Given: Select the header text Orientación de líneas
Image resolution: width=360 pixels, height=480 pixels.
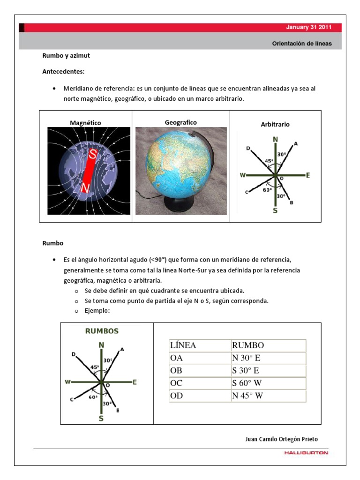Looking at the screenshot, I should coord(302,43).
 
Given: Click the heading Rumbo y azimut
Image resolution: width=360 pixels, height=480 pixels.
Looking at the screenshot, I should coord(66,56).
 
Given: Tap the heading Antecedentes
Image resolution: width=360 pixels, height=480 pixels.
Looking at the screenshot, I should coord(63,72).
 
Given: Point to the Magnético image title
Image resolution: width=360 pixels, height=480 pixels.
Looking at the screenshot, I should coord(85,123).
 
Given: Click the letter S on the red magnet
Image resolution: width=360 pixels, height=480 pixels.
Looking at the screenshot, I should coord(93,153).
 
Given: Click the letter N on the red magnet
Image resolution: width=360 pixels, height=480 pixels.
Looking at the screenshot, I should coord(85,188).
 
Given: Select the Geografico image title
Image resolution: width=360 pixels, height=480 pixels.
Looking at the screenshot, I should coord(180,122).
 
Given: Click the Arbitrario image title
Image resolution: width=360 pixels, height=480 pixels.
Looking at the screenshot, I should coord(275,125).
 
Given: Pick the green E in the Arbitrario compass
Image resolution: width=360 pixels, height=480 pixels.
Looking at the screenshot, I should coord(308,175).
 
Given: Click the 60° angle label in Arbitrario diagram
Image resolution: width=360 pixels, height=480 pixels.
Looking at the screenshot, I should coord(267,190).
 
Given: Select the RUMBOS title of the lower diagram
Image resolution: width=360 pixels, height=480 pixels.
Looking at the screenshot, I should coord(102,330).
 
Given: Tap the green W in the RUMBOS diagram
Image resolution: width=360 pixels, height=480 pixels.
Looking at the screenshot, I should coord(68,382).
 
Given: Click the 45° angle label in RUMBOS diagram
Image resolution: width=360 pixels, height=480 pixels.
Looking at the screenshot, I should coord(94,367).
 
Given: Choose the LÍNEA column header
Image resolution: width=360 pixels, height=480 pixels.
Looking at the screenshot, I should coord(183,345).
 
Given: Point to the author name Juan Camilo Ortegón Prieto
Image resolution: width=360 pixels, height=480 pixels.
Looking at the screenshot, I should coord(281,439).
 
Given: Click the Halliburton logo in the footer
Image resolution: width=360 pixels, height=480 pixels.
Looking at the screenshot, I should coord(306,453).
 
